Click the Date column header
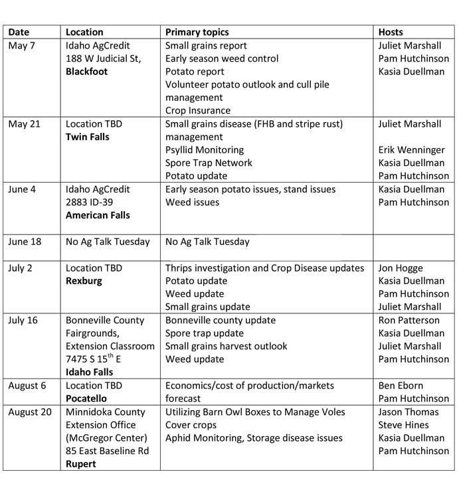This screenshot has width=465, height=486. point(19,32)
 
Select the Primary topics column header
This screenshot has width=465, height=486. point(197,32)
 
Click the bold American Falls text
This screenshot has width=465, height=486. point(98,215)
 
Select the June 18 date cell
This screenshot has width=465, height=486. point(25,242)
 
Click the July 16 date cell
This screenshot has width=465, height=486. point(23,320)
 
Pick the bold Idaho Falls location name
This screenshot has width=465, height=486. point(89,372)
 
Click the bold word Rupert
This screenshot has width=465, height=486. point(81,464)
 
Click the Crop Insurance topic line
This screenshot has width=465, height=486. point(198,111)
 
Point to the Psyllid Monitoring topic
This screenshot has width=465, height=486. point(205,150)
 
